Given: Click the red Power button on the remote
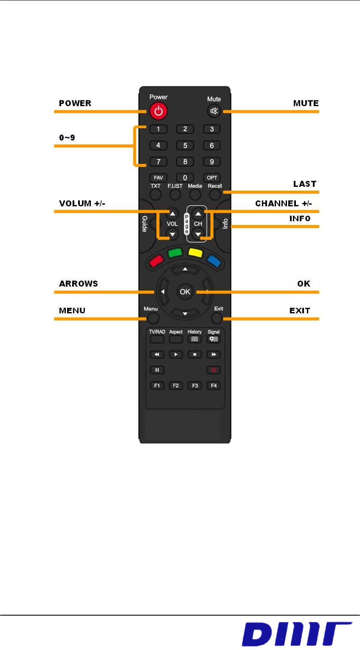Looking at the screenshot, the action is [x=158, y=112].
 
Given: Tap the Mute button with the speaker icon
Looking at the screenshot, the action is [x=214, y=111].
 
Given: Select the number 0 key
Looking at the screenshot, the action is [x=185, y=178].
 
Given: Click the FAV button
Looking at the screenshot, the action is [x=158, y=178].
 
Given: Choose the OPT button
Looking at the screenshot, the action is [x=212, y=178].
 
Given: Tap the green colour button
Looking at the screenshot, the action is [x=175, y=253].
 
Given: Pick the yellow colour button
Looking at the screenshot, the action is [x=195, y=253].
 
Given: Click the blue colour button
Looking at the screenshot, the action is [x=214, y=260].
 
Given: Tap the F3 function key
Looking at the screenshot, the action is [x=195, y=385].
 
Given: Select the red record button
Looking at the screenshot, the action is [x=214, y=370].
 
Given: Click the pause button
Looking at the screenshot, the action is [x=157, y=370].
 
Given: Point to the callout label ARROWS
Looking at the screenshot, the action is [x=79, y=284].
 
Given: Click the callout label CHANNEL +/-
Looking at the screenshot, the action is [x=284, y=203].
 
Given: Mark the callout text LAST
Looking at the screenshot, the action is [x=305, y=184].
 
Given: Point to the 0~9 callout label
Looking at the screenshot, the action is [x=67, y=138].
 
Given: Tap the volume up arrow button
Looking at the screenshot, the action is [x=172, y=214].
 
